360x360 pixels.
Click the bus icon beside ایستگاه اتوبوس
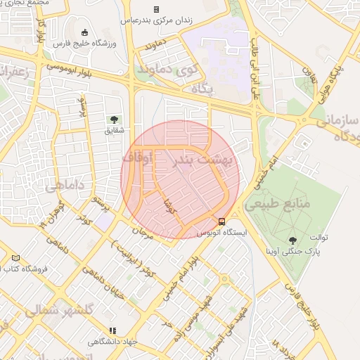pyautogui.click(x=222, y=221)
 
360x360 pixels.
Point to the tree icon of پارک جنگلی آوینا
pyautogui.click(x=292, y=240)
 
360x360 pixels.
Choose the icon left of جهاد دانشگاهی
pyautogui.click(x=111, y=330)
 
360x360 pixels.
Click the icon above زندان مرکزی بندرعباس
pyautogui.click(x=157, y=9)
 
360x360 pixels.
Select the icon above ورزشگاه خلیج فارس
pyautogui.click(x=85, y=32)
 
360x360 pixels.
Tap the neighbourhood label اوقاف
pyautogui.click(x=138, y=158)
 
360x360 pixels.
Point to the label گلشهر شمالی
pyautogui.click(x=59, y=310)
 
